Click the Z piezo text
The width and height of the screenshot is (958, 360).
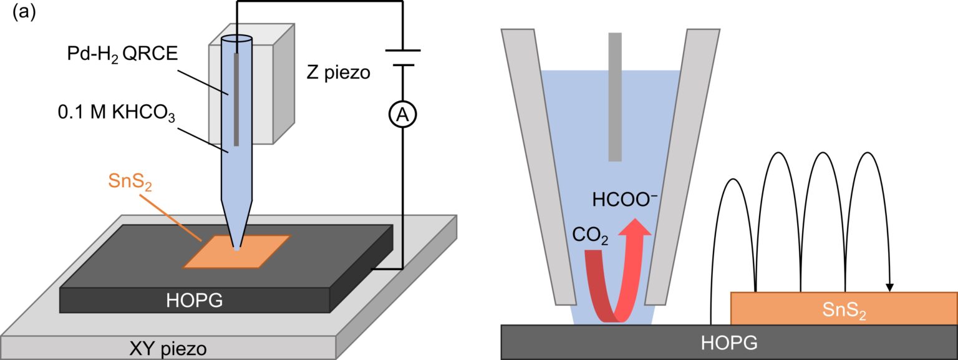[339, 73]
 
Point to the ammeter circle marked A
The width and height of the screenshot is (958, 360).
[403, 114]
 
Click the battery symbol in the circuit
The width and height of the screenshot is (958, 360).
[403, 57]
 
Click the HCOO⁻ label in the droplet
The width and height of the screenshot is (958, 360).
[624, 200]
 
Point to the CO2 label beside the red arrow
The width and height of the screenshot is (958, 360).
[589, 236]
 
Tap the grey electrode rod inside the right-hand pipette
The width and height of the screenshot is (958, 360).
[615, 97]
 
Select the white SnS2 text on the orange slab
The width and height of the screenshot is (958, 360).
[843, 309]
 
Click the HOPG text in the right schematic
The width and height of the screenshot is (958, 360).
[729, 343]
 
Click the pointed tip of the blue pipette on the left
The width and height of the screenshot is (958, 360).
[236, 248]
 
